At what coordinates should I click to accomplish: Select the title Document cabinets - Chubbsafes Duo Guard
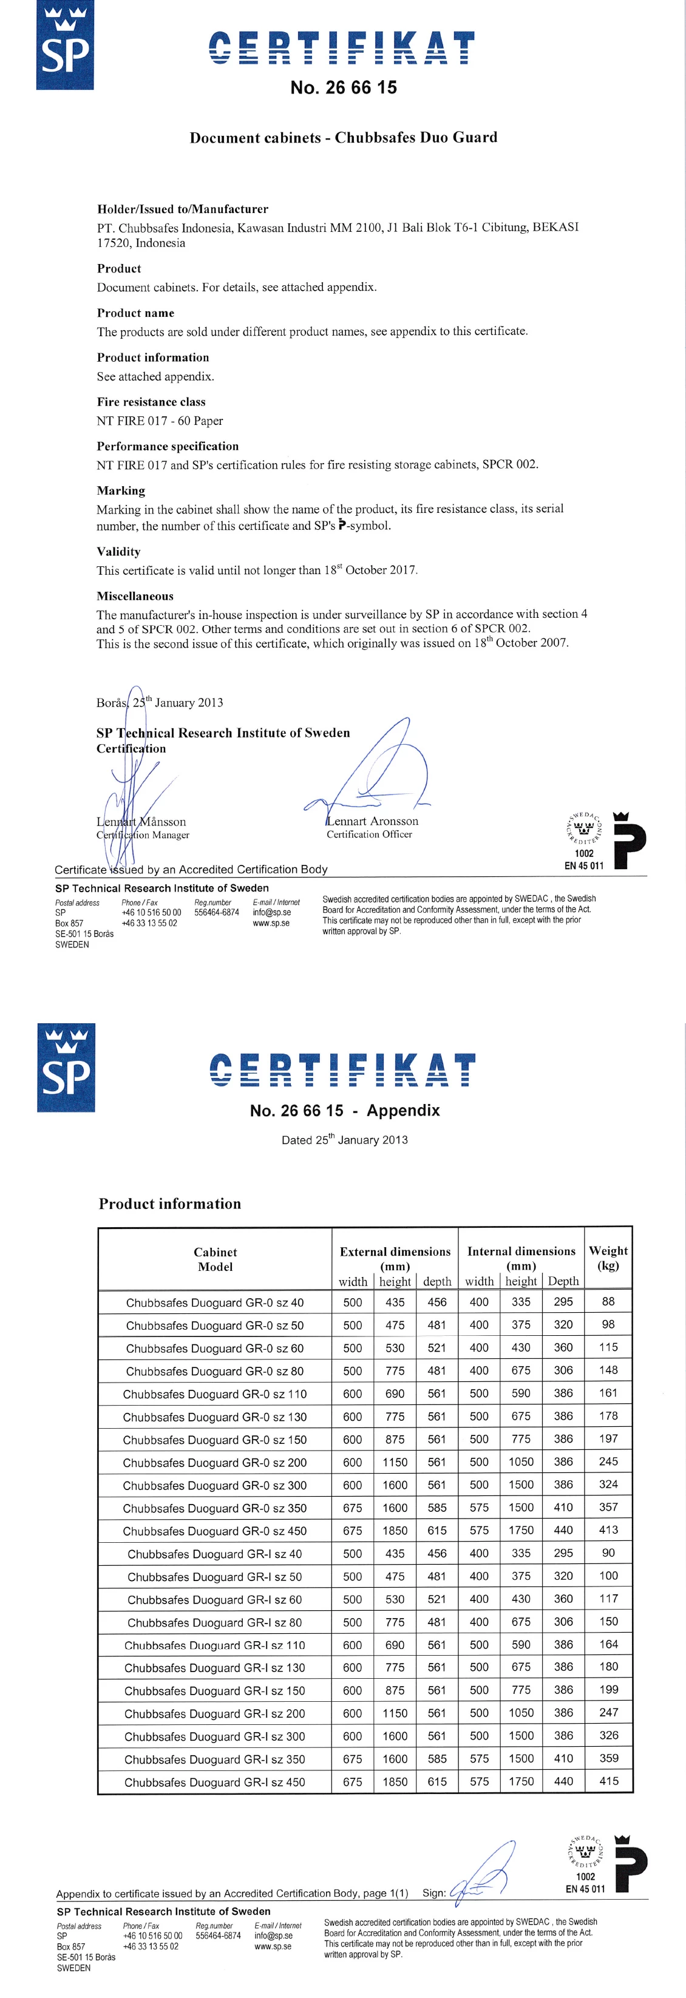tap(343, 137)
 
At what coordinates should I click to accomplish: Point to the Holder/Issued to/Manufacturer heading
tap(182, 209)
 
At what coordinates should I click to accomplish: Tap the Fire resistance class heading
tap(151, 402)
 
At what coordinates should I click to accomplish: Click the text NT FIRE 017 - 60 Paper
tap(159, 421)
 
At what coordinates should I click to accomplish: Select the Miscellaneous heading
tap(135, 595)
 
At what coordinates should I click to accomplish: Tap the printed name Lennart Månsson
tap(141, 821)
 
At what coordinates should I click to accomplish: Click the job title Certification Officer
tap(368, 834)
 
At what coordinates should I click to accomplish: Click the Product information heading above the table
tap(169, 1204)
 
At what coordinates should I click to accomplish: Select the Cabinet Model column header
tap(215, 1259)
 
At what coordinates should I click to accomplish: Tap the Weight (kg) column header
tap(608, 1258)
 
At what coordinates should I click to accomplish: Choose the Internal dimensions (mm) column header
tap(521, 1258)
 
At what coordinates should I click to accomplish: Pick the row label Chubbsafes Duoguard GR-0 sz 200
tap(214, 1462)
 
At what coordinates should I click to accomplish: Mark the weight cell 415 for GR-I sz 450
tap(608, 1781)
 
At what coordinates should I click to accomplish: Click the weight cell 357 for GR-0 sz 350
tap(608, 1507)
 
